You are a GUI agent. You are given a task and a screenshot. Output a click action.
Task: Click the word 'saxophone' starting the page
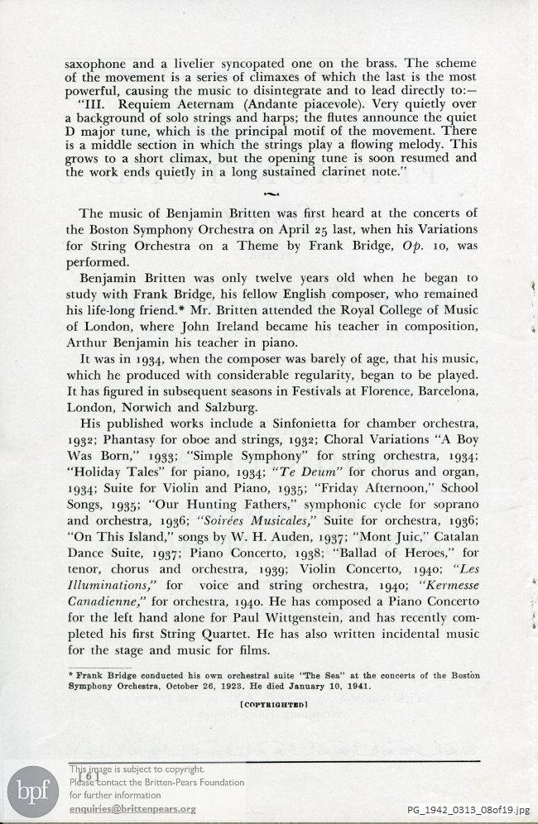(x=97, y=62)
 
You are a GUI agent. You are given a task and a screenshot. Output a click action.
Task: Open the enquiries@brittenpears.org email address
(x=132, y=808)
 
